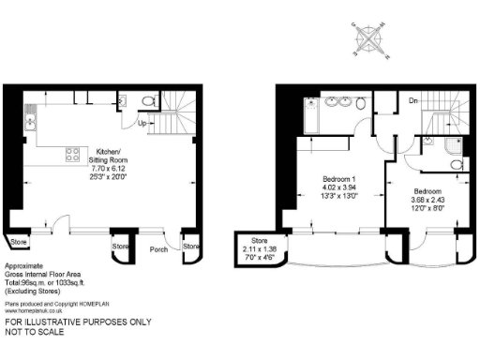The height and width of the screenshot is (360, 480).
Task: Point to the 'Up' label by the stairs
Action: click(142, 123)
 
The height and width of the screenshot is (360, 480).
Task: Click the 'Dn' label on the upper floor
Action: click(412, 100)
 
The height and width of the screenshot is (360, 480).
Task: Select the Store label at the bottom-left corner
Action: click(19, 244)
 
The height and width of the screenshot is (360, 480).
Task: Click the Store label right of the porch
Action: click(191, 246)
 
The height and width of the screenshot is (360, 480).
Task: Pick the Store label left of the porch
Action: click(120, 246)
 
